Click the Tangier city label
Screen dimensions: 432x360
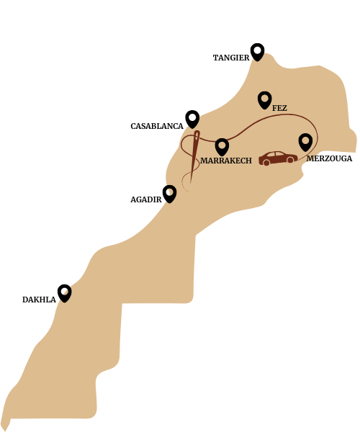pyautogui.click(x=230, y=58)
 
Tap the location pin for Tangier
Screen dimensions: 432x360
pyautogui.click(x=257, y=51)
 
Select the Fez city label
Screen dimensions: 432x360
pyautogui.click(x=279, y=109)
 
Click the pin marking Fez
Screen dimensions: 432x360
pyautogui.click(x=264, y=99)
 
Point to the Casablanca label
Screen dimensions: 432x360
pyautogui.click(x=156, y=127)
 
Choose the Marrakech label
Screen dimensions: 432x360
pyautogui.click(x=226, y=161)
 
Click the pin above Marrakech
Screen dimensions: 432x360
pyautogui.click(x=222, y=146)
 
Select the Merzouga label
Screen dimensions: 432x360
pyautogui.click(x=329, y=159)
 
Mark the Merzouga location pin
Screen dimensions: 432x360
pyautogui.click(x=305, y=141)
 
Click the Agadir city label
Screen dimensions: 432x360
pyautogui.click(x=145, y=199)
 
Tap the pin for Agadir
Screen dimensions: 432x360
pyautogui.click(x=170, y=193)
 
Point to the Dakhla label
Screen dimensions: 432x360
pyautogui.click(x=39, y=300)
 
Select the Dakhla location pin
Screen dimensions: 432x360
pyautogui.click(x=65, y=292)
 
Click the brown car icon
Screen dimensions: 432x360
pyautogui.click(x=278, y=158)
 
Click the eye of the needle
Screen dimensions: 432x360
pyautogui.click(x=197, y=136)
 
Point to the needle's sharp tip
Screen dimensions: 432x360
pyautogui.click(x=192, y=181)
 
